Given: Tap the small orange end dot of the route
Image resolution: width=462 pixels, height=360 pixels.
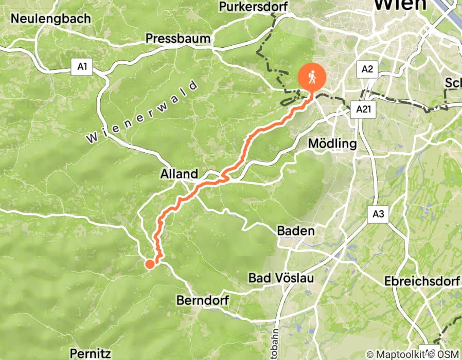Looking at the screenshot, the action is click(x=150, y=264).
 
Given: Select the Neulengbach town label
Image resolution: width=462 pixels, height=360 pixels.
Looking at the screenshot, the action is click(x=50, y=19).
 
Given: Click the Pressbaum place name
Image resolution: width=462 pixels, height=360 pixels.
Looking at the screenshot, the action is click(x=178, y=38).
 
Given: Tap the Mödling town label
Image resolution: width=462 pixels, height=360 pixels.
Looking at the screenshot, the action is click(x=332, y=143).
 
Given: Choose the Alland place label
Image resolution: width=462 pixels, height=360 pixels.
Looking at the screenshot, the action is click(x=179, y=174).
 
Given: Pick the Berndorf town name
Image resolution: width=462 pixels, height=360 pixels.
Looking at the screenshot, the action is click(x=202, y=300).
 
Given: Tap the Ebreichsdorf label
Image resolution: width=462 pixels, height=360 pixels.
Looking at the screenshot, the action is click(x=421, y=282).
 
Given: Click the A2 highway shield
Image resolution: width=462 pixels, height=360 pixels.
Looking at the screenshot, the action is click(x=367, y=69).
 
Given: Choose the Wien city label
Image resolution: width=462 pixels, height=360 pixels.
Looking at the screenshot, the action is click(x=400, y=5).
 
